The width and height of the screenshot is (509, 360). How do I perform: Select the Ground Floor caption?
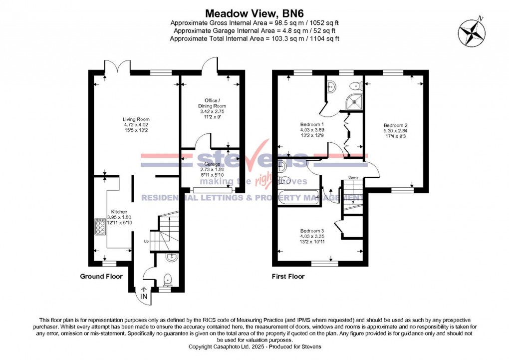coord(101,276)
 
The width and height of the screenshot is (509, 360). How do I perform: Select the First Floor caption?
coord(288,276)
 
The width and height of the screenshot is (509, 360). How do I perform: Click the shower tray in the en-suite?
coord(355,102)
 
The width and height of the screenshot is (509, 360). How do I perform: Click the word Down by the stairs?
coord(353,177)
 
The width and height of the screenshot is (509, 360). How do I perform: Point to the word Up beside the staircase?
coord(146,241)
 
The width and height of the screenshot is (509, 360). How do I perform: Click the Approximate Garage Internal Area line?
coord(254,30)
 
